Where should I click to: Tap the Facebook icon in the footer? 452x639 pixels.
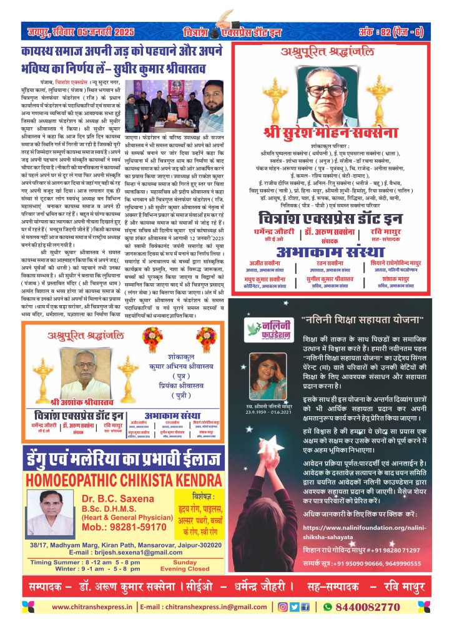coord(305,607)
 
